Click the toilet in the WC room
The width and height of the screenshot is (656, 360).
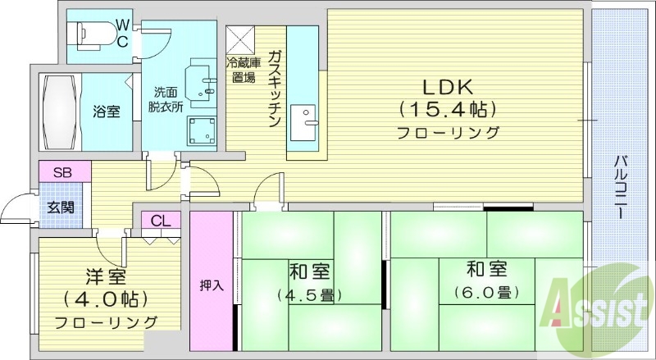click(91, 34)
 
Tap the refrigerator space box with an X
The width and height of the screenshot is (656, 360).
click(242, 39)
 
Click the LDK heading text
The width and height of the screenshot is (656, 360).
click(448, 86)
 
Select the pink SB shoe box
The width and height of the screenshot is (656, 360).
click(61, 172)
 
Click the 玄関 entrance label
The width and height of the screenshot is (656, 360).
click(61, 206)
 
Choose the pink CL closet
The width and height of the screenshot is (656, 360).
click(161, 220)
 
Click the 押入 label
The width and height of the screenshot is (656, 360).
click(212, 285)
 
